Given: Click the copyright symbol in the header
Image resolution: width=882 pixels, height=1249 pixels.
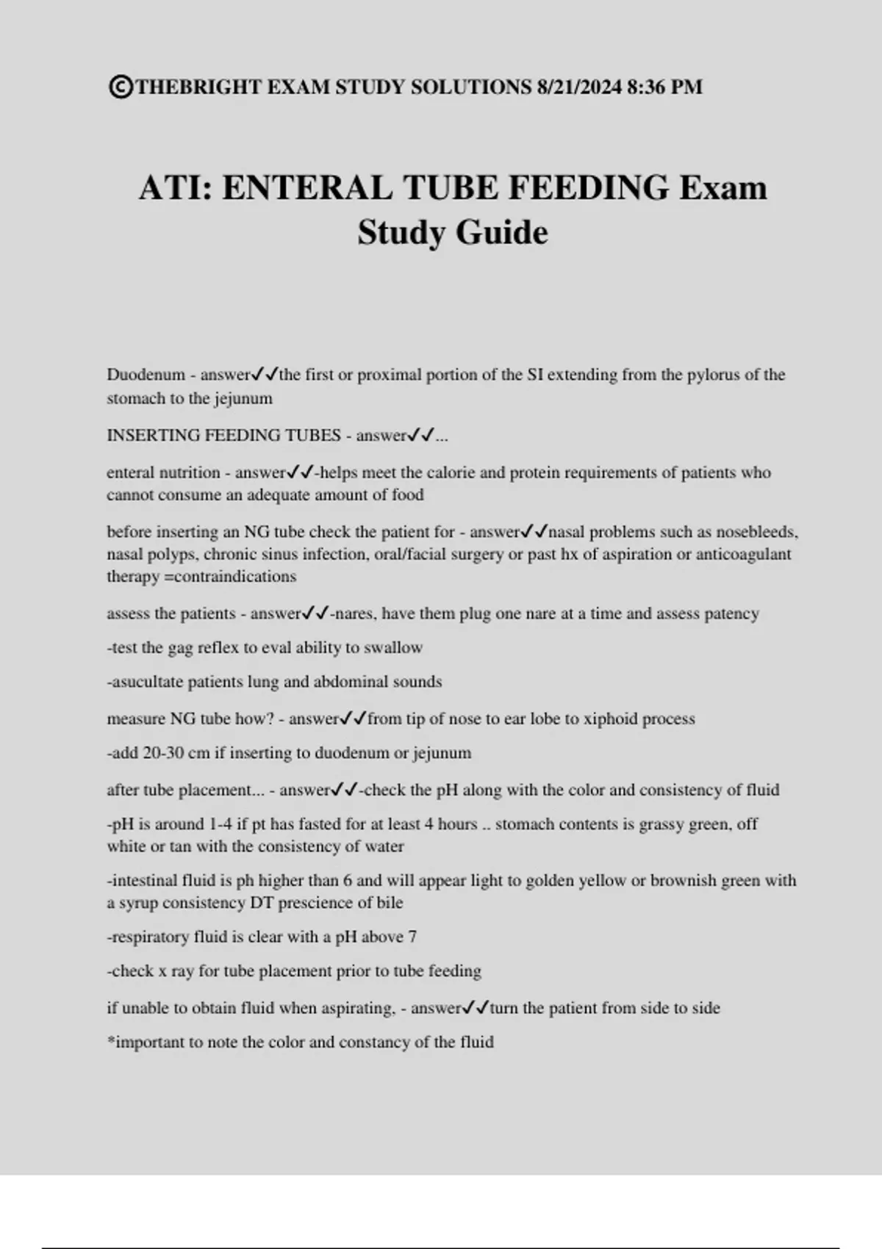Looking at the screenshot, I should pos(121,87).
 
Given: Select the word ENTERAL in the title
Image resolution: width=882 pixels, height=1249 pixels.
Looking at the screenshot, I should pos(307,187).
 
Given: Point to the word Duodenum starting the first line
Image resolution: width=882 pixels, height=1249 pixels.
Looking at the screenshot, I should pos(146,375).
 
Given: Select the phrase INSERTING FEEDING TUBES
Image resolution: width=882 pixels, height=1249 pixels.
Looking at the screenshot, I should pos(223,436).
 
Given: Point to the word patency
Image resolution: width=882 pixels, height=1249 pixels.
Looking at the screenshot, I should pos(731,614).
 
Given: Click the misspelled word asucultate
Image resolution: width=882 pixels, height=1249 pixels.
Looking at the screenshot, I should pos(146,682).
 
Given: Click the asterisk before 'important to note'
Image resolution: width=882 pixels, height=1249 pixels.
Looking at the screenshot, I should pos(111,1041).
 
